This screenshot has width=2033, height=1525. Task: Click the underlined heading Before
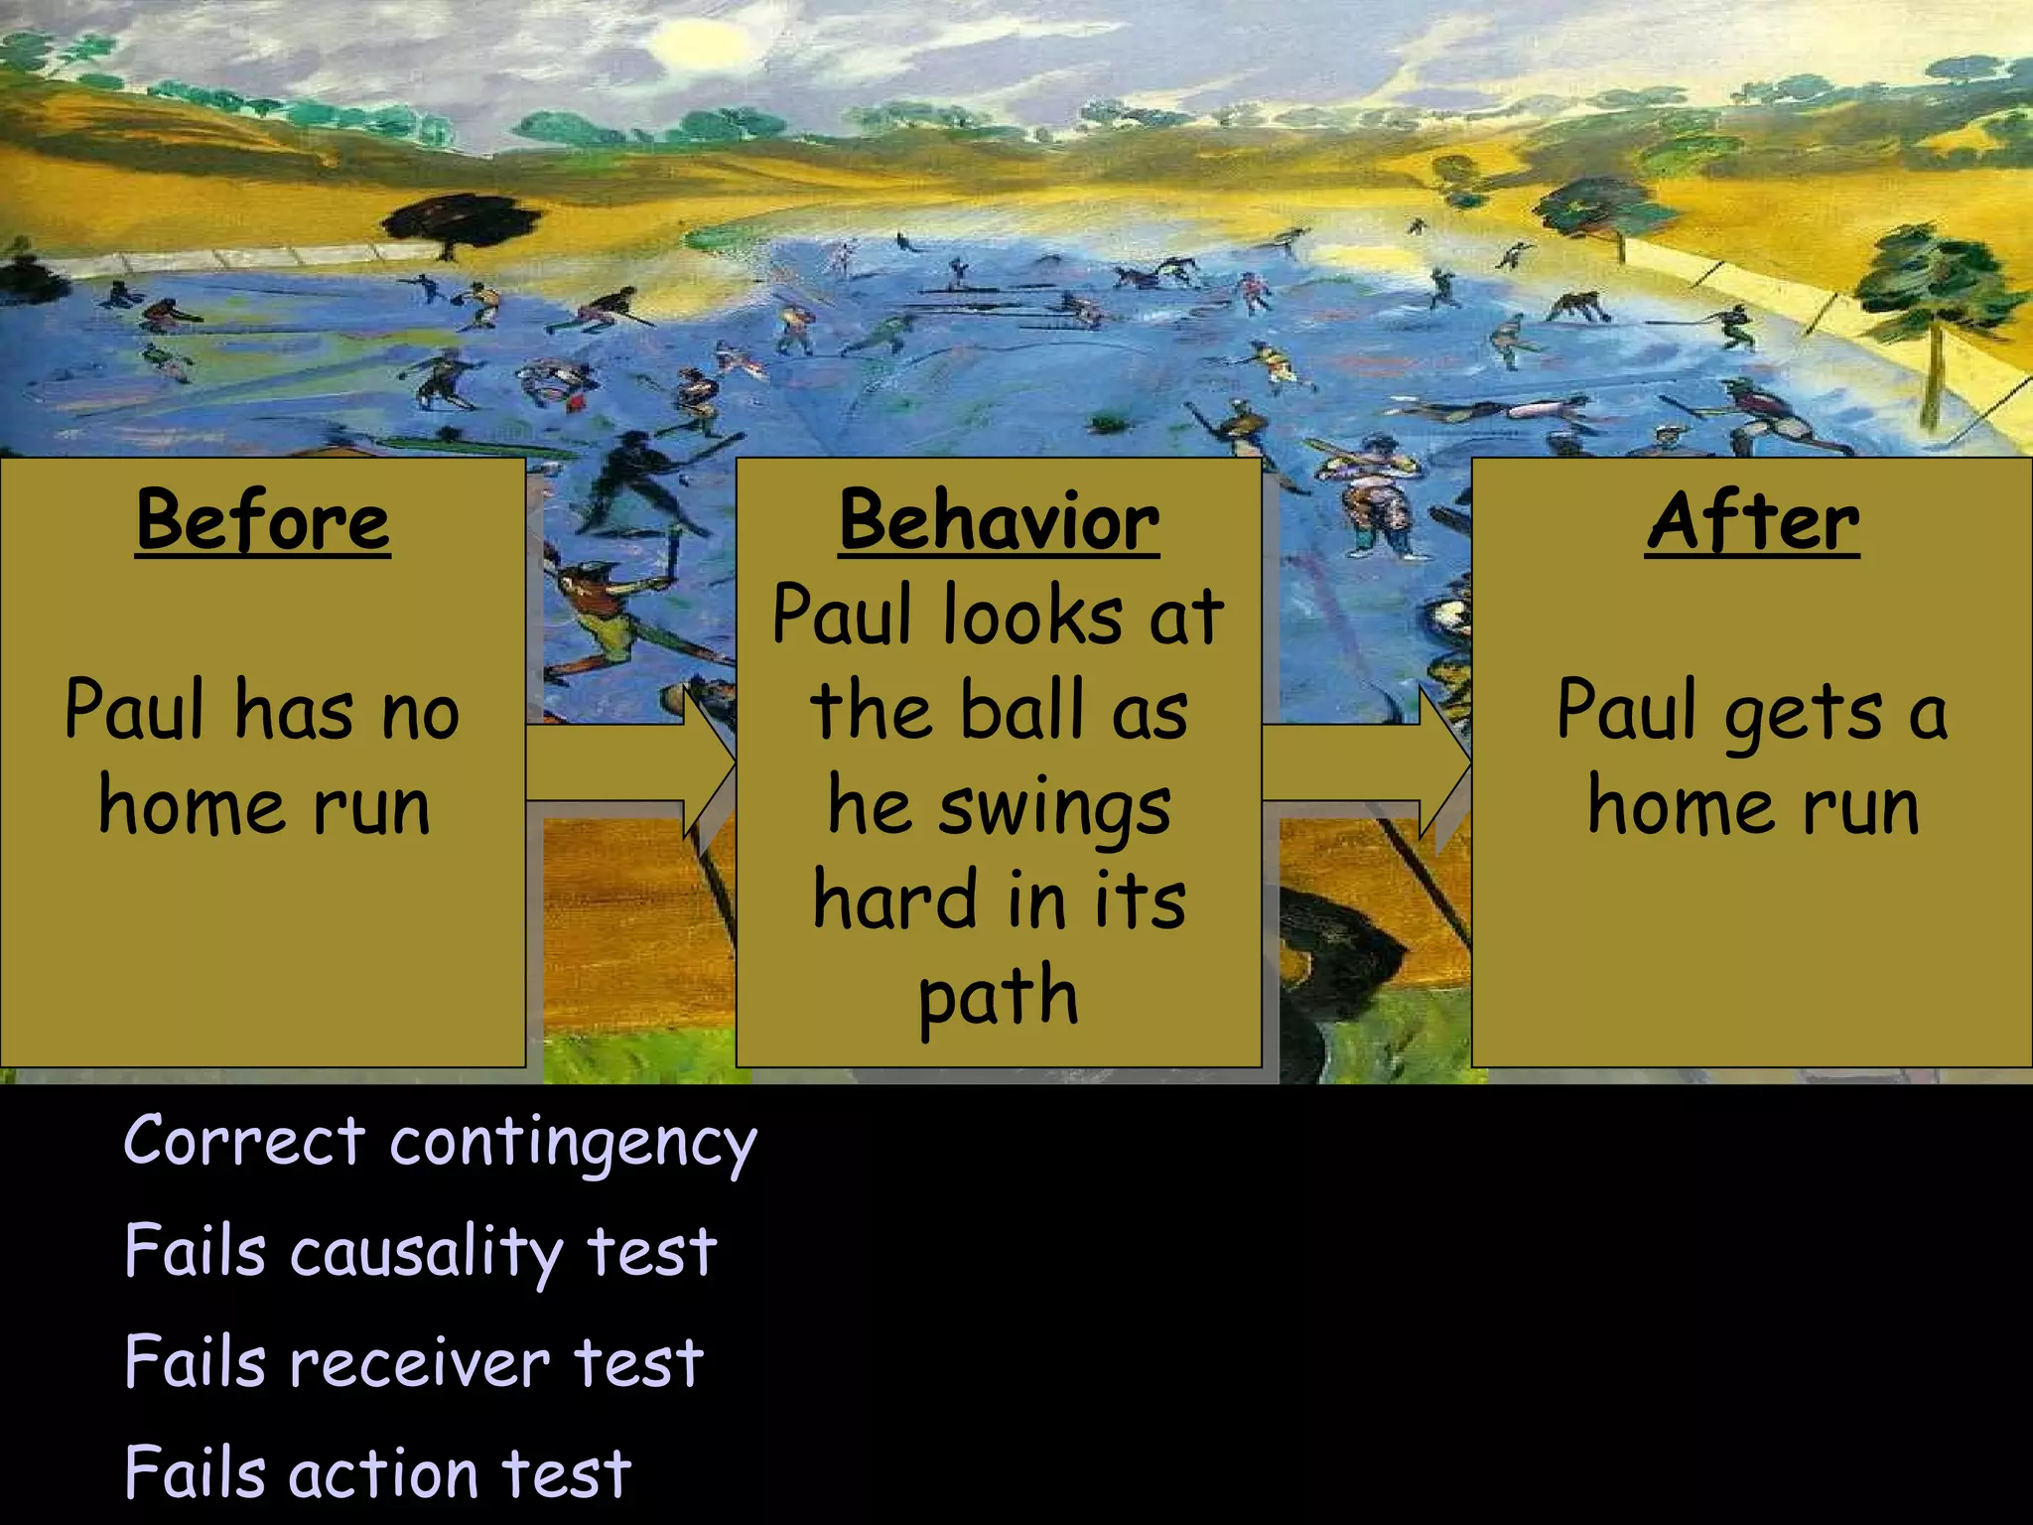tap(263, 521)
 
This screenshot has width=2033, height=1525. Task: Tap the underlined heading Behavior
tap(999, 521)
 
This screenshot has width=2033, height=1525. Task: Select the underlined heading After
tap(1752, 521)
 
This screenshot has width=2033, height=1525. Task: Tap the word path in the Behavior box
tap(998, 998)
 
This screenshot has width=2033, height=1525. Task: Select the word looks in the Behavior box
tap(1032, 616)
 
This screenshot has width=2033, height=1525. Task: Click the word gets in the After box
tap(1803, 713)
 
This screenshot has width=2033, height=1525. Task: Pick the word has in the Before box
tap(294, 711)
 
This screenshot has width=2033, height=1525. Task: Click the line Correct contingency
tap(440, 1142)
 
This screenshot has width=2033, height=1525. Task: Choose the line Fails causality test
tap(420, 1251)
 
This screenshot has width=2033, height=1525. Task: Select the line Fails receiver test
tap(414, 1362)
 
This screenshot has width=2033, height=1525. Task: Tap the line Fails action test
tap(377, 1472)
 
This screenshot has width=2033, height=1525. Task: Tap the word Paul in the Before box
tap(135, 711)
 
